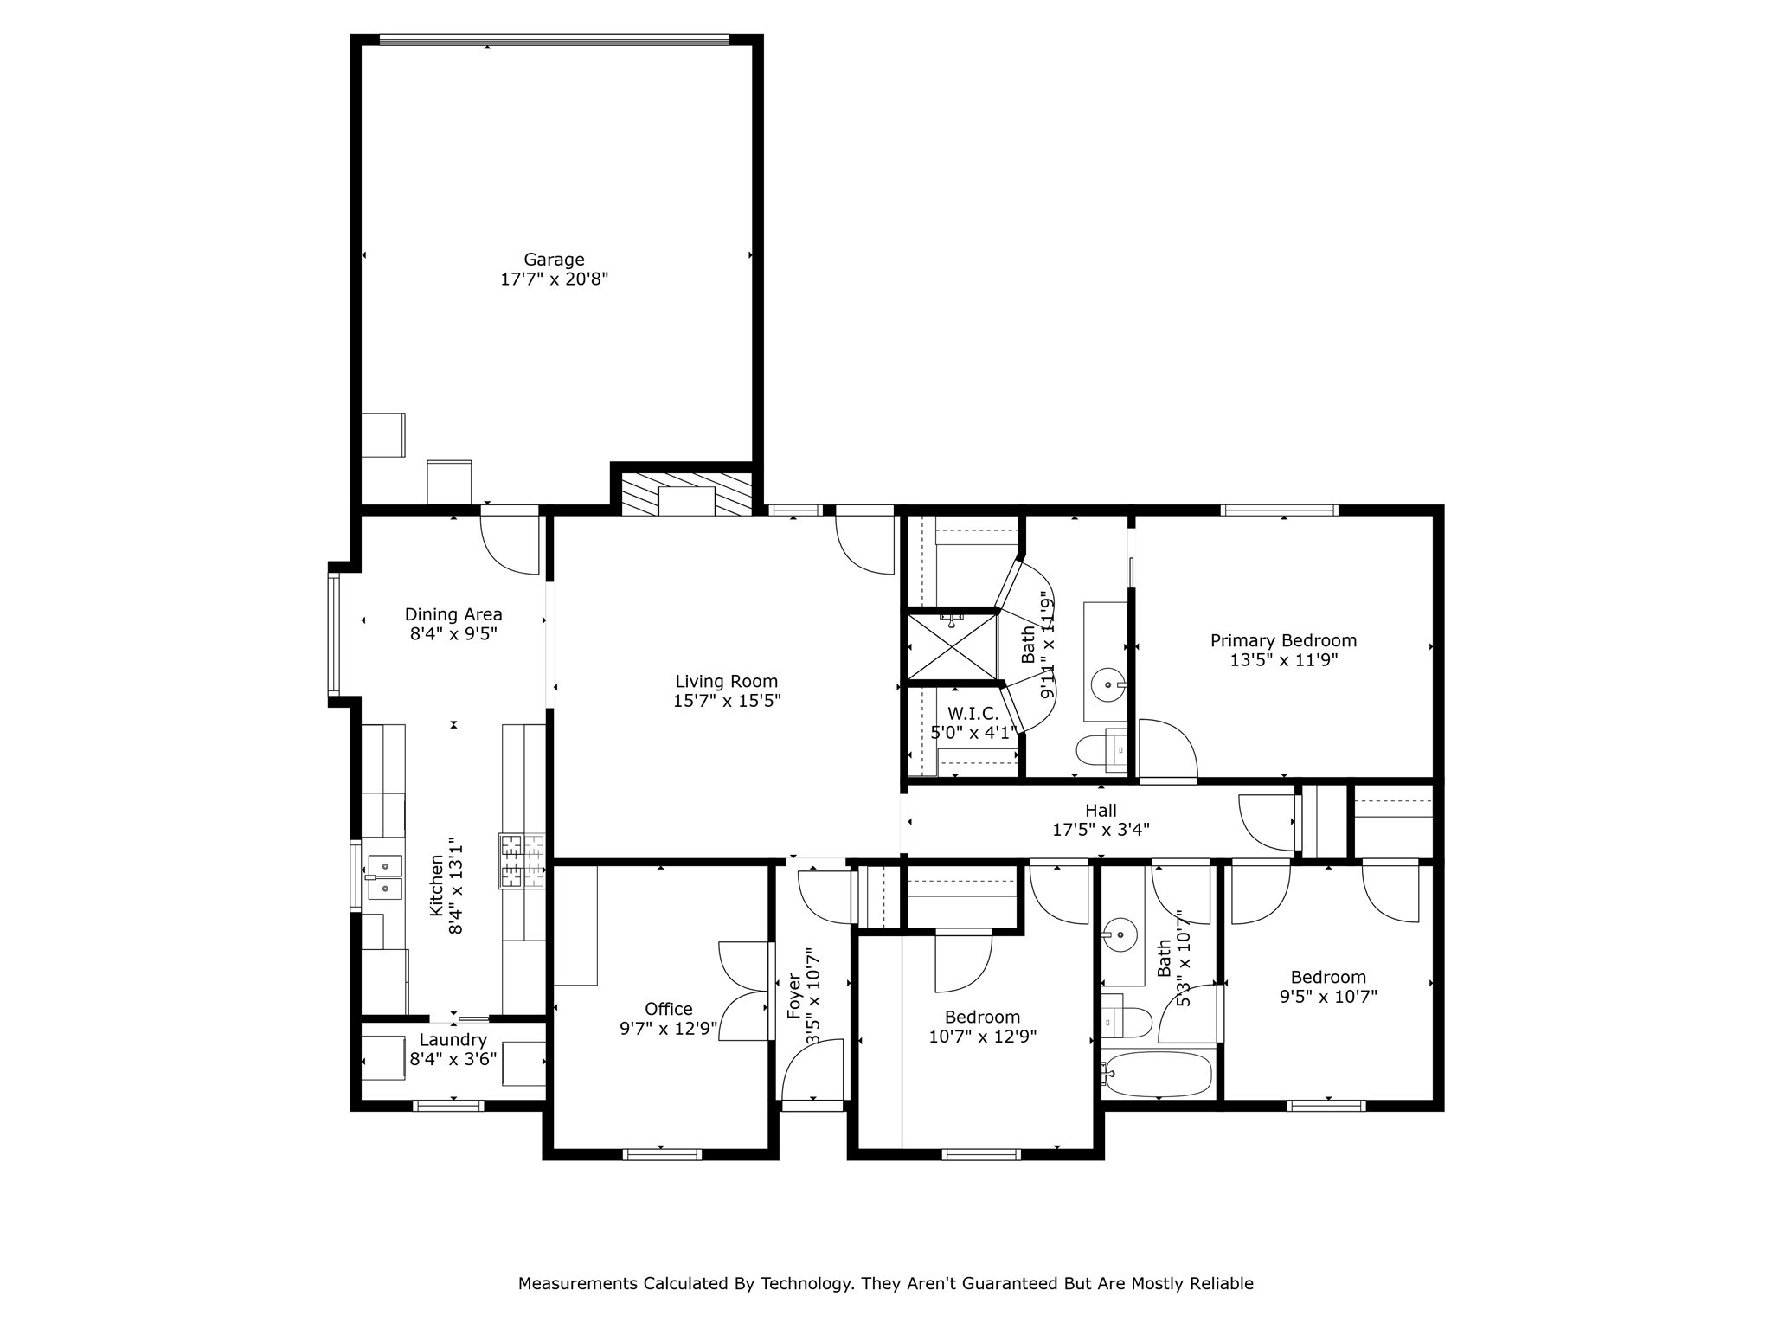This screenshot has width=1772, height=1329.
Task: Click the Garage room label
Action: click(554, 260)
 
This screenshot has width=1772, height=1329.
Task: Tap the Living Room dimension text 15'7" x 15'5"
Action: click(727, 701)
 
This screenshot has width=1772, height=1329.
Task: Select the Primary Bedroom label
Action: click(1283, 641)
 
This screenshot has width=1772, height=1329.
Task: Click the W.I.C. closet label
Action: click(973, 714)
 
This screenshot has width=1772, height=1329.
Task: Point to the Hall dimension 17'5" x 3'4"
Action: click(1101, 830)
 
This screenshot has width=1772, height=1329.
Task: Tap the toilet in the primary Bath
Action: click(1102, 749)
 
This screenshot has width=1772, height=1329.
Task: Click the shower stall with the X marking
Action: click(951, 646)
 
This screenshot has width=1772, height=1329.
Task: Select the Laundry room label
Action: click(453, 1040)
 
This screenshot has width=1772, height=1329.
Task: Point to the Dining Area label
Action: click(453, 614)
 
